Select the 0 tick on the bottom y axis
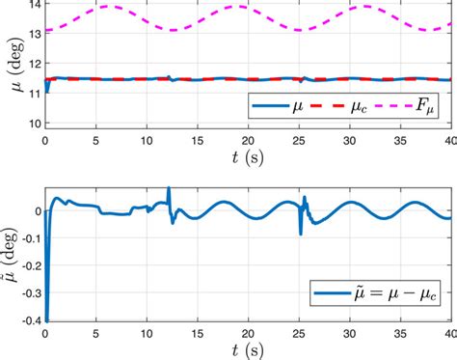click(35, 210)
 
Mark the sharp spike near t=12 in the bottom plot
click(169, 190)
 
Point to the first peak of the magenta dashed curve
click(104, 7)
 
